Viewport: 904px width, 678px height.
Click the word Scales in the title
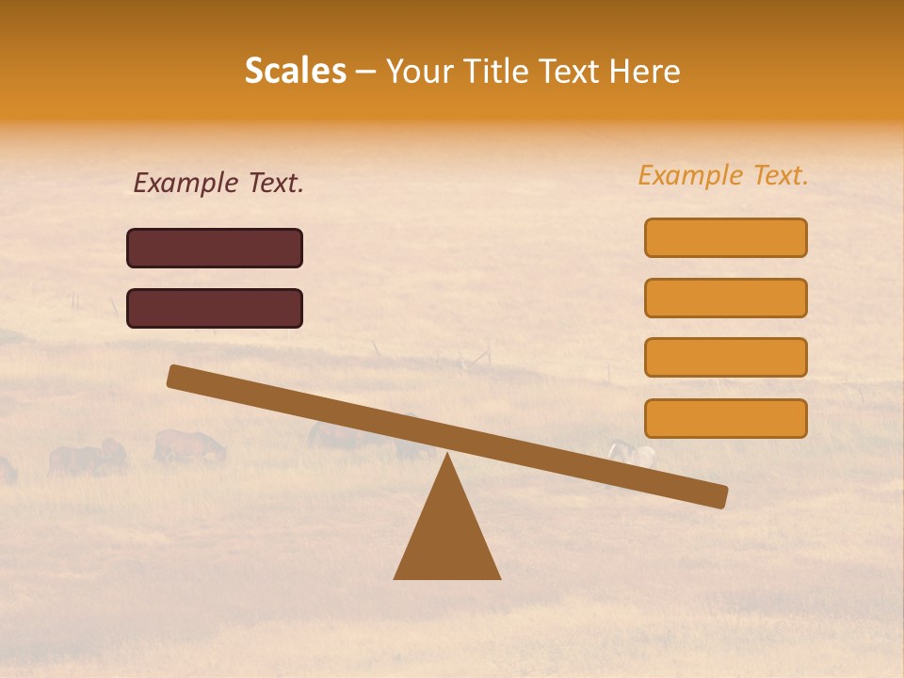tap(295, 72)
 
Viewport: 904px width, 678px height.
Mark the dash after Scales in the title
tap(366, 73)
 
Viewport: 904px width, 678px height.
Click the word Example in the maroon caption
tap(186, 184)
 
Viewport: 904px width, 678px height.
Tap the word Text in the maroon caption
tap(275, 184)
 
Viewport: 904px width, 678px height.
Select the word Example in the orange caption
tap(691, 176)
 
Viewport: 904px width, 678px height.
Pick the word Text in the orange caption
tap(780, 176)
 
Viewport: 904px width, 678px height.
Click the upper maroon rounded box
tap(215, 248)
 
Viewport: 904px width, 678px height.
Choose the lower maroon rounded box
tap(215, 308)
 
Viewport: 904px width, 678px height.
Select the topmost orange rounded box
tap(726, 237)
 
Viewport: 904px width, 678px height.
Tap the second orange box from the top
tap(726, 298)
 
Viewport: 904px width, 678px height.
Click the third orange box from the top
tap(726, 358)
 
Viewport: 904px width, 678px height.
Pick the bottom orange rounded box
tap(726, 418)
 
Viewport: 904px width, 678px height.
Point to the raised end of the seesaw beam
tap(175, 376)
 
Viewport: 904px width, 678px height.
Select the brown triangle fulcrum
tap(447, 537)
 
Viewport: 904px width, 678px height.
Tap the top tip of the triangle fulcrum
tap(447, 456)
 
